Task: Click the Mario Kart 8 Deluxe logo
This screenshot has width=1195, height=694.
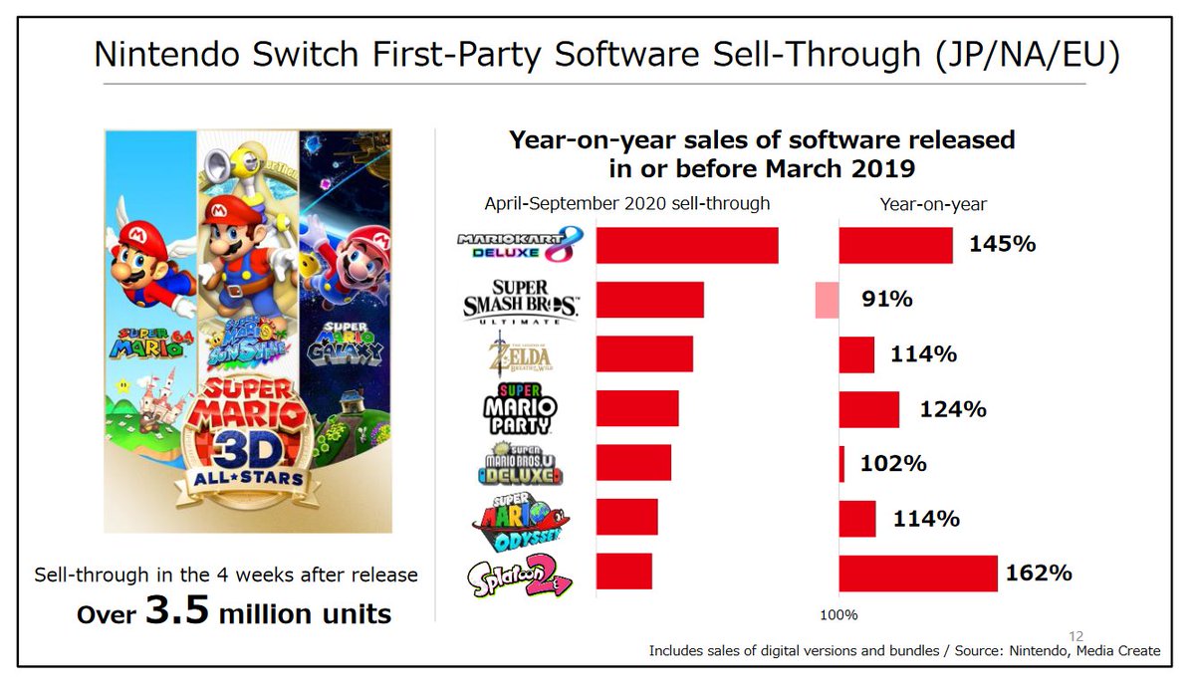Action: click(x=519, y=246)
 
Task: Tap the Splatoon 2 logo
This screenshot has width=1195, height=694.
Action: click(x=519, y=576)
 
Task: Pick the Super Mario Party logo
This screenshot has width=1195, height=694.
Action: click(x=521, y=409)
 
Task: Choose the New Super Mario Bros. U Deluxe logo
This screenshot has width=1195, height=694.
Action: click(x=519, y=464)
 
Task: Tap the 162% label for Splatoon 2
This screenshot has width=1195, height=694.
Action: click(x=1039, y=574)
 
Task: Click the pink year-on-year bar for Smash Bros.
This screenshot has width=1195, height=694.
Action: click(x=827, y=301)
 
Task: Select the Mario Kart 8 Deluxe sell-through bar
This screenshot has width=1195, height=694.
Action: click(x=686, y=246)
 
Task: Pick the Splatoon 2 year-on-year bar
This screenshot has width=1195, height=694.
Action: click(x=917, y=574)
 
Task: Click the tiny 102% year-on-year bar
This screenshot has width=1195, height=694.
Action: click(x=841, y=464)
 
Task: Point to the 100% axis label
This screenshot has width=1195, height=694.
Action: click(x=838, y=614)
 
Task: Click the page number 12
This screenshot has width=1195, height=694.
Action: click(x=1075, y=635)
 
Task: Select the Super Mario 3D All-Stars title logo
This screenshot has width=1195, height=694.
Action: click(x=245, y=438)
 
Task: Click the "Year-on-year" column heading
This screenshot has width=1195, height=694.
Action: click(x=933, y=204)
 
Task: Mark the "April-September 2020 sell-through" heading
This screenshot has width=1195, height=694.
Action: click(x=626, y=204)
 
